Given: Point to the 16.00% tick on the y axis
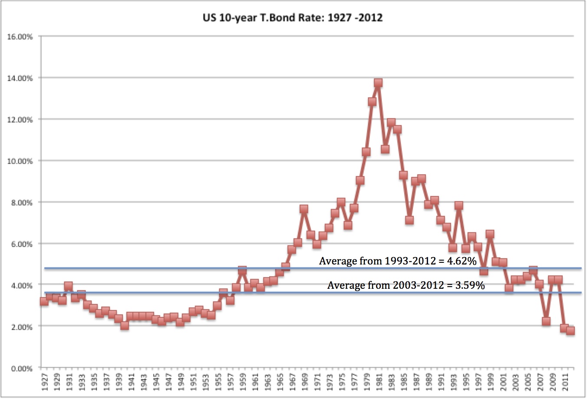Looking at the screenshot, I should (20, 37).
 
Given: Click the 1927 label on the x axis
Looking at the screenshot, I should (44, 382).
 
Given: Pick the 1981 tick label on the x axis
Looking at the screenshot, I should (379, 382).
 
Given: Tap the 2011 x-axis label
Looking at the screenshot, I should (565, 382).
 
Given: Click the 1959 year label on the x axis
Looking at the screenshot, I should (243, 382).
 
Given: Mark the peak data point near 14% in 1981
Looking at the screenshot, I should (378, 83).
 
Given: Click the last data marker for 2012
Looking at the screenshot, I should (571, 331).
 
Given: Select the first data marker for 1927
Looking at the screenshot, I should (44, 301).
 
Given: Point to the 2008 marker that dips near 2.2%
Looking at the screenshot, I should (546, 321).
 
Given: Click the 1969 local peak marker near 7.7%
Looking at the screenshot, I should (304, 209).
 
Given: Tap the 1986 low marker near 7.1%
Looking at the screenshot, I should (409, 220).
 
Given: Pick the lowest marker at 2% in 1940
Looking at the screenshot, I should (125, 326).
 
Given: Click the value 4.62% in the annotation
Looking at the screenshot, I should (462, 261).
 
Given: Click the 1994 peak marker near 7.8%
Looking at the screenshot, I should (459, 206).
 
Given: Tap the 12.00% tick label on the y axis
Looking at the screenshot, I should (20, 120).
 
